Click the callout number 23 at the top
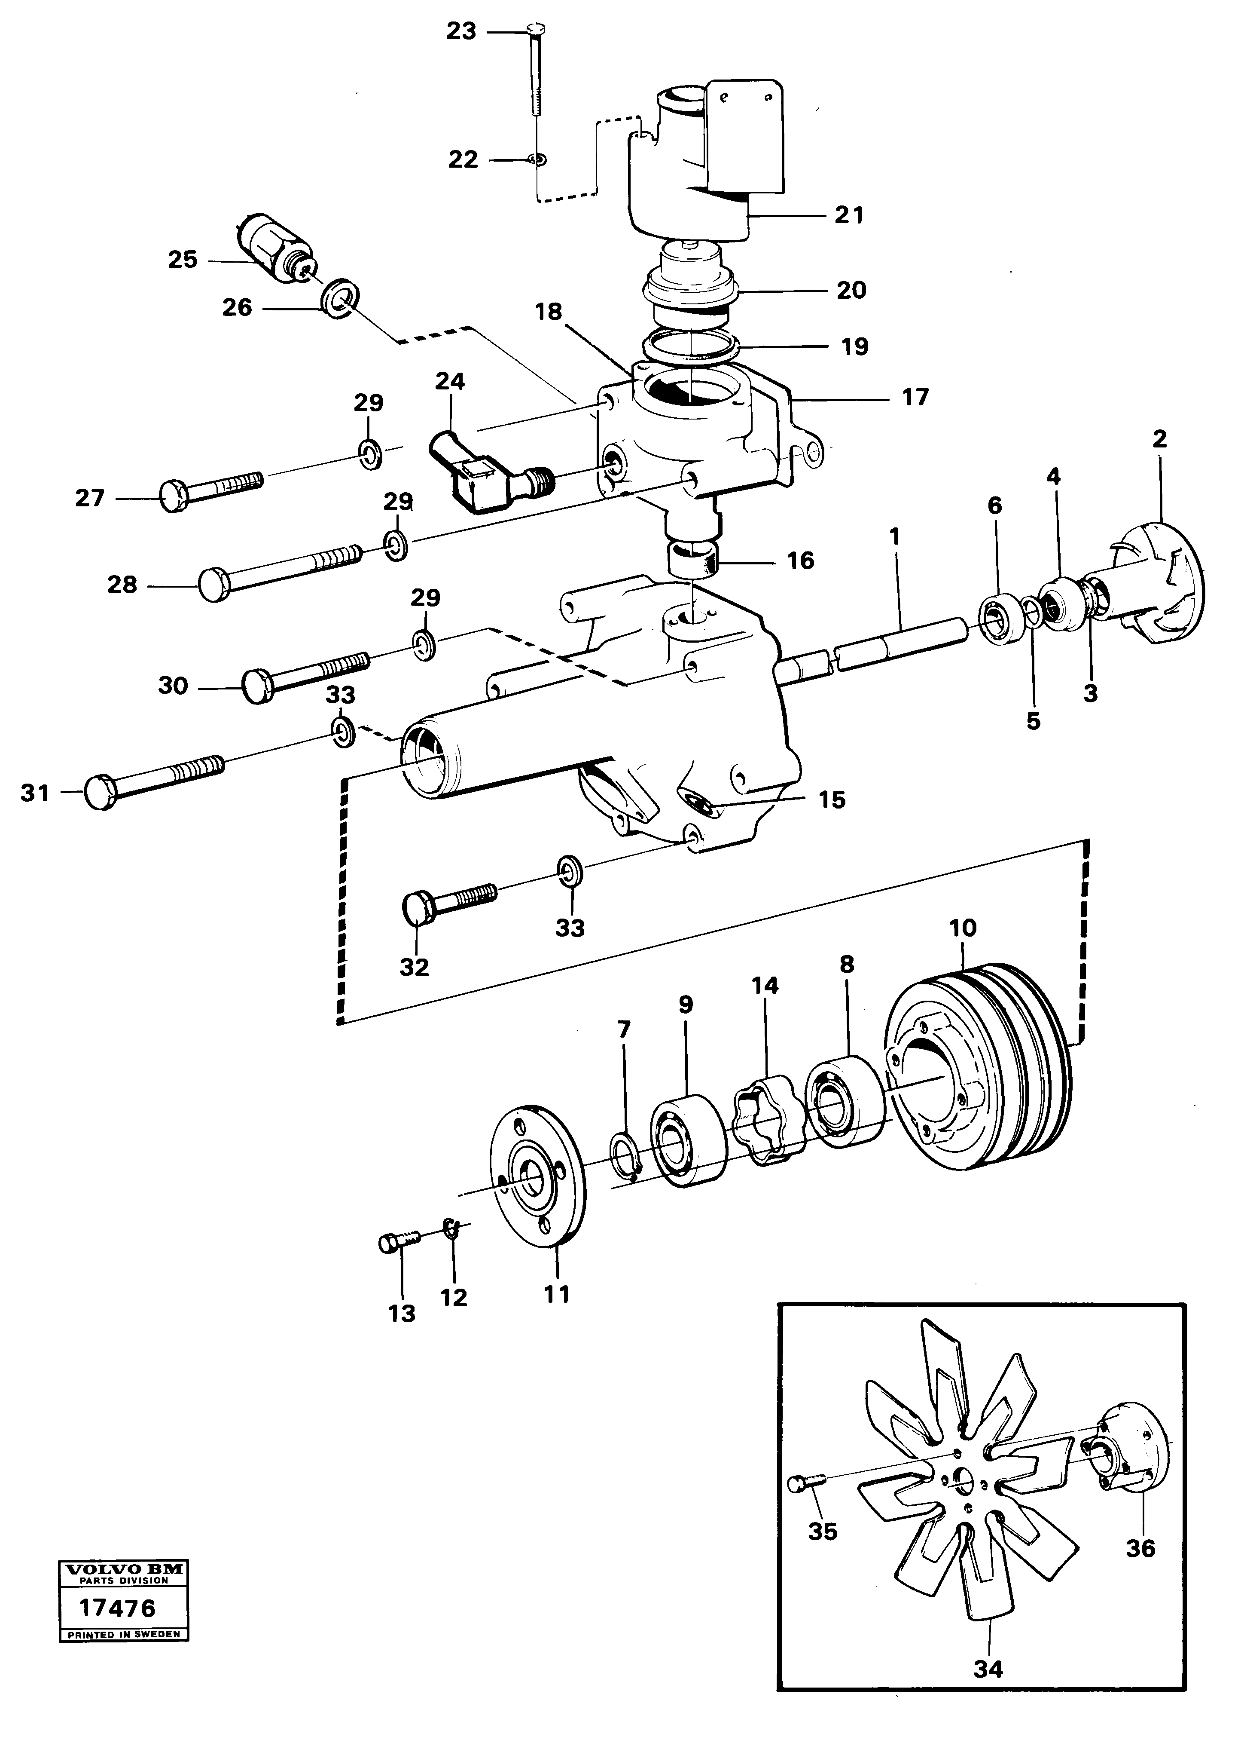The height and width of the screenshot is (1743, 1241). point(461,31)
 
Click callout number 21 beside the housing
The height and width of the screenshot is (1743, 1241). point(848,215)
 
